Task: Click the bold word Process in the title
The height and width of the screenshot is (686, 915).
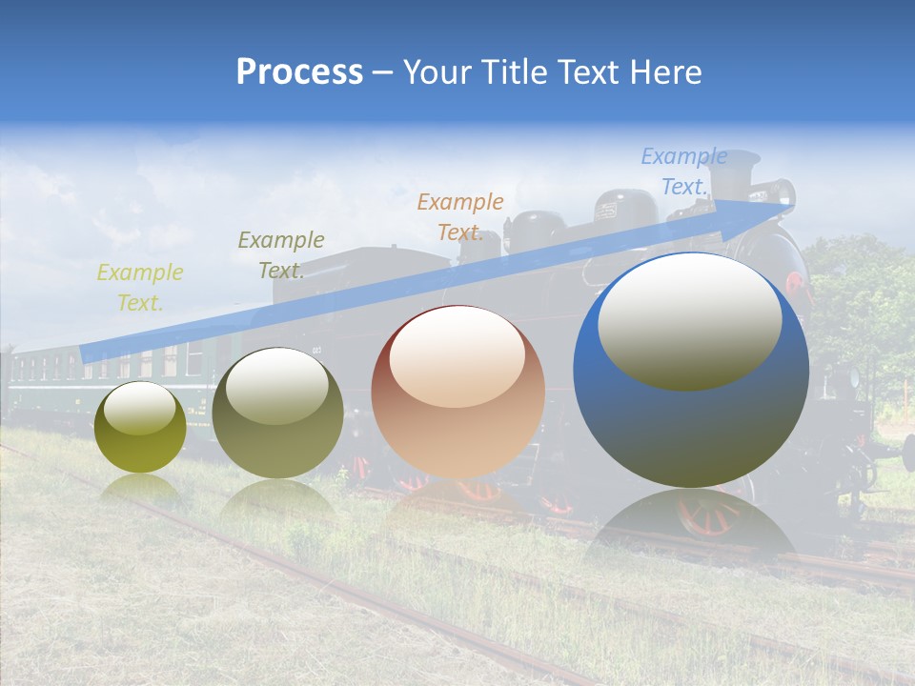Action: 299,72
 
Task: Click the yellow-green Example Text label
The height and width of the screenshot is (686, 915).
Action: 140,288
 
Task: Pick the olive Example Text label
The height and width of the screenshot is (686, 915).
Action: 281,255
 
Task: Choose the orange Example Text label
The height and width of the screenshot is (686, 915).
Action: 460,217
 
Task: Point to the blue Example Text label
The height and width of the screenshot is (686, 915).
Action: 684,171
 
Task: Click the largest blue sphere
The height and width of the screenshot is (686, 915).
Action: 691,419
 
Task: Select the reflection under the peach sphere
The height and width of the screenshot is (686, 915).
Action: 457,500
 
